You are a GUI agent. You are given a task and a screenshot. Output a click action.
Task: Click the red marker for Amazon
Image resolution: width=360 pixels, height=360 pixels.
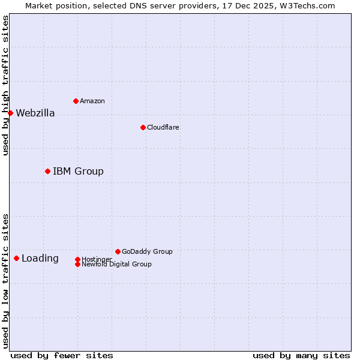76,101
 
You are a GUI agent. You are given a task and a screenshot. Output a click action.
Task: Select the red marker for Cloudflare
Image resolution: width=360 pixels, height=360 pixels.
143,127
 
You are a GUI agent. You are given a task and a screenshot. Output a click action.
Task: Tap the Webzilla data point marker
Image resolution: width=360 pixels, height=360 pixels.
10,113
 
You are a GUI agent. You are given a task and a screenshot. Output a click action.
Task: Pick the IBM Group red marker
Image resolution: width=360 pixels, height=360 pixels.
47,171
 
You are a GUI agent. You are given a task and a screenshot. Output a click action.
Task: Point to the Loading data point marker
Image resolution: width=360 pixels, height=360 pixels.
16,258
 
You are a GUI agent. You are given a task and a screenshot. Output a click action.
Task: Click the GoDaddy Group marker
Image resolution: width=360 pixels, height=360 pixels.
118,251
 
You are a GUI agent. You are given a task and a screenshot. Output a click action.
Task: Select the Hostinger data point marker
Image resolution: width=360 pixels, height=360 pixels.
77,259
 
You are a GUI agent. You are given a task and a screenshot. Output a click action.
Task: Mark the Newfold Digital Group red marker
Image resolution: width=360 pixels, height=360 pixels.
77,264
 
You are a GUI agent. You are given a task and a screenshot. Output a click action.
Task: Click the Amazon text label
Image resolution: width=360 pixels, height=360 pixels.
92,101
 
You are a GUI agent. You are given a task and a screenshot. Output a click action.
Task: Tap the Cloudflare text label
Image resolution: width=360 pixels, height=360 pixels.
163,127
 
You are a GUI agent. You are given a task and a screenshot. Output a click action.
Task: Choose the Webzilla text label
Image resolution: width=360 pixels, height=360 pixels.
35,113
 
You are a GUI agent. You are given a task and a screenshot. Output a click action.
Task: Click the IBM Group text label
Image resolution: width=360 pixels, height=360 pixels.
78,172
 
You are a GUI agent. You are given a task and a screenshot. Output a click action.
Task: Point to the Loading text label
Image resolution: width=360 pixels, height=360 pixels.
40,259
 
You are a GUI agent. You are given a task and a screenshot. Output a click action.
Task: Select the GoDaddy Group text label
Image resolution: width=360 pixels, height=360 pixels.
147,251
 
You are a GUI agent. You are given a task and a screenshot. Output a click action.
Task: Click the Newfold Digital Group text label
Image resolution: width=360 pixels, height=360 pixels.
116,264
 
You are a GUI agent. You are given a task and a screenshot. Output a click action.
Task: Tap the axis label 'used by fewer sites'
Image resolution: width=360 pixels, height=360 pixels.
62,355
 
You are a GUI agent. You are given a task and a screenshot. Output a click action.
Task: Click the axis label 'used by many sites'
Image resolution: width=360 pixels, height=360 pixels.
301,355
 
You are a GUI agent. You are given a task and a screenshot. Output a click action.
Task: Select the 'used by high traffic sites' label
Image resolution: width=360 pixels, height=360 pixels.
6,86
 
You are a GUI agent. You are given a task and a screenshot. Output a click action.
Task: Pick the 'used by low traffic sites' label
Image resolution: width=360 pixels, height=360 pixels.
6,280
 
